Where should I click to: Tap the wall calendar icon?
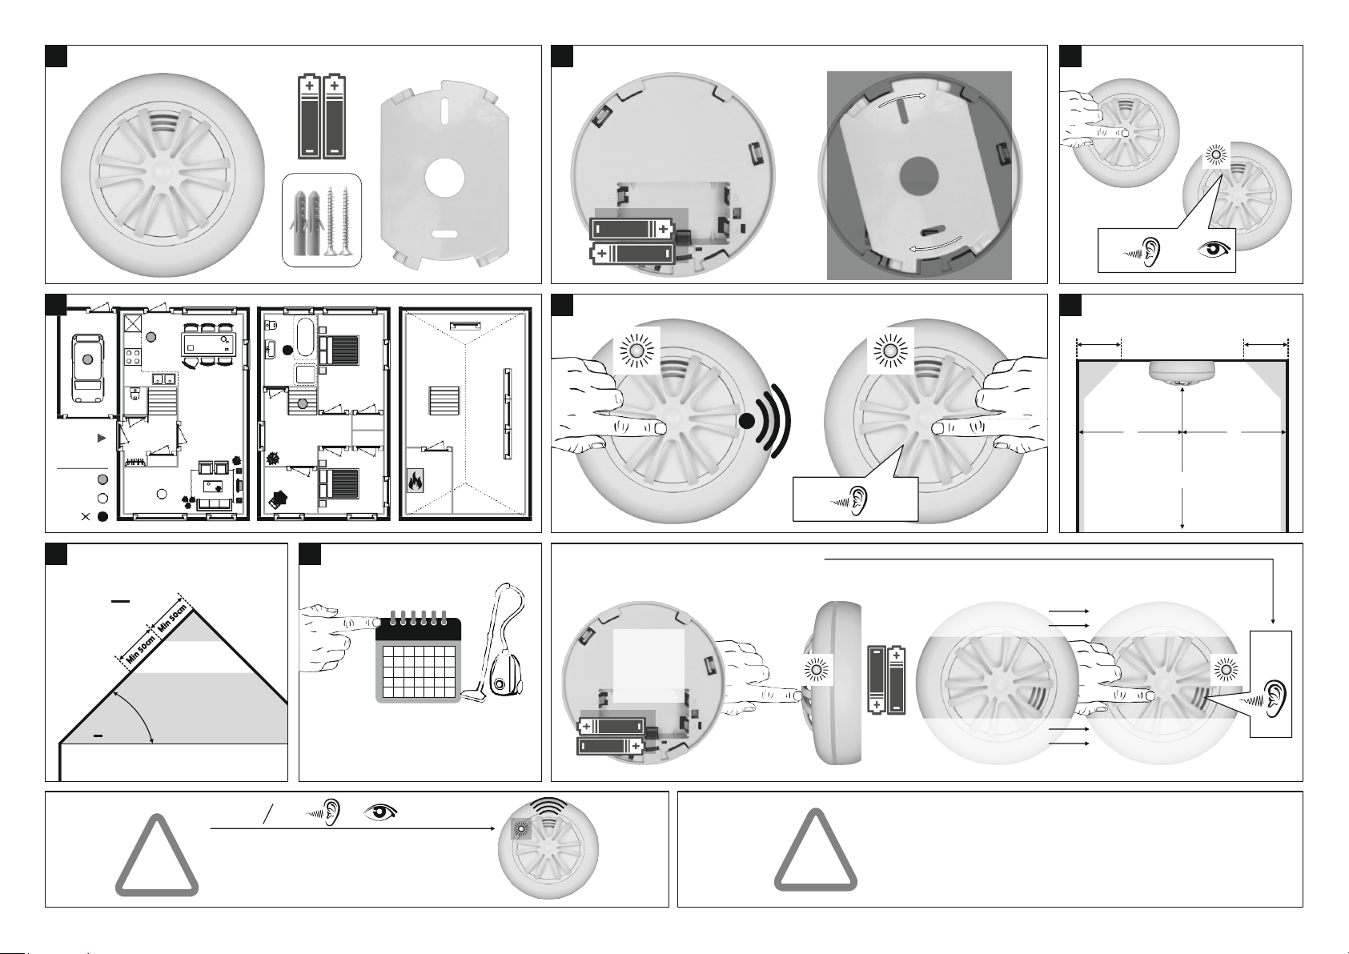[418, 656]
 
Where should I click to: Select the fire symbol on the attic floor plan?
[415, 481]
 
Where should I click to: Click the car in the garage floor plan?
[87, 368]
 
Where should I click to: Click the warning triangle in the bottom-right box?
[816, 850]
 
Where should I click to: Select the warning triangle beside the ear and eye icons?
[157, 856]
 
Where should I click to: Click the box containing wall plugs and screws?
[322, 220]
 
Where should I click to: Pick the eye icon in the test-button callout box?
[1215, 250]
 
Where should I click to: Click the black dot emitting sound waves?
[746, 422]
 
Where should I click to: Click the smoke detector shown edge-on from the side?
[837, 683]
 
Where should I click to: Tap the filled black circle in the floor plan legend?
[102, 516]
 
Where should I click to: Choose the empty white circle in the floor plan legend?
[102, 499]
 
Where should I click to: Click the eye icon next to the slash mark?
[380, 812]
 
